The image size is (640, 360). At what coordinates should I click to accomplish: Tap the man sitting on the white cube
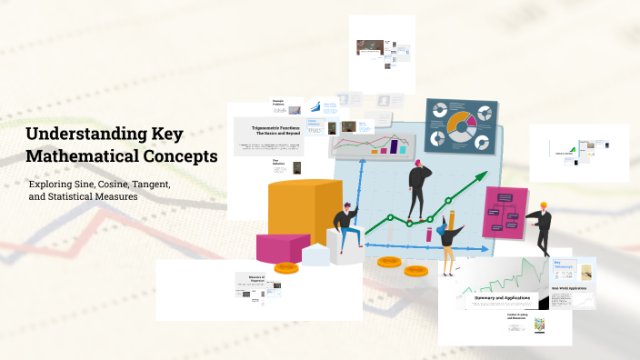[x=345, y=228]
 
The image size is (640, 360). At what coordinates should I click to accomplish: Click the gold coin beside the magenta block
[x=286, y=268]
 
